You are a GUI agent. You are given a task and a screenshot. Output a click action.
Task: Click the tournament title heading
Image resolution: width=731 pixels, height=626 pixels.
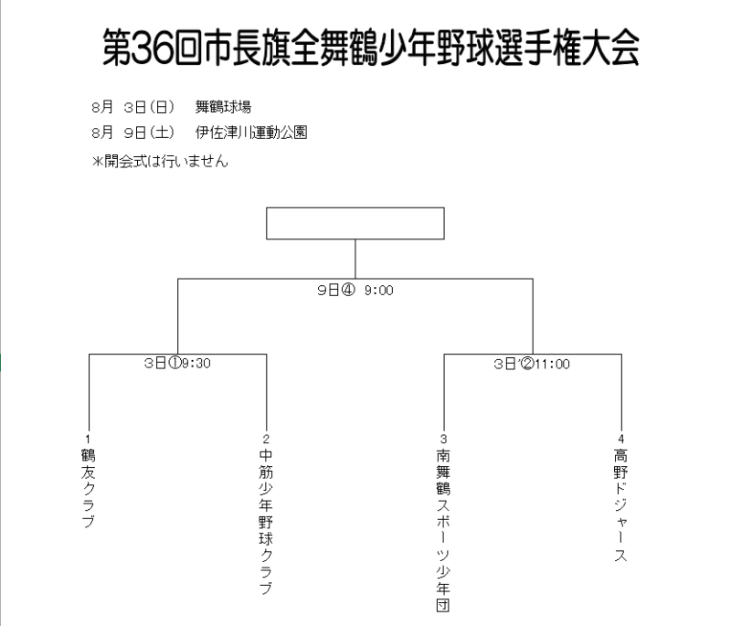point(371,48)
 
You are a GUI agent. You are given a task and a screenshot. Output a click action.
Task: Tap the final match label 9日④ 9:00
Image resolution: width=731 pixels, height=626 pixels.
point(355,290)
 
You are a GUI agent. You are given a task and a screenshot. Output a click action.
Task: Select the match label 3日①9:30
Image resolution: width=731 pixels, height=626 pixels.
point(177,363)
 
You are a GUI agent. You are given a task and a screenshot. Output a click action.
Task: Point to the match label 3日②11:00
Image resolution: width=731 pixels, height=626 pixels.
point(532,364)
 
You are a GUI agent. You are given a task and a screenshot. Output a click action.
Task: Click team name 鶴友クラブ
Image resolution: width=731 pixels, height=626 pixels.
point(88,488)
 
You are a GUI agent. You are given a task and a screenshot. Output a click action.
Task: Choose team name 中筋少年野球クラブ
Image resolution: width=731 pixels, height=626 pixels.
point(266,522)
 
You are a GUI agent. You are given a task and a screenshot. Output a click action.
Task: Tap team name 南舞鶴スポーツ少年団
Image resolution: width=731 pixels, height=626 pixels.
point(443,530)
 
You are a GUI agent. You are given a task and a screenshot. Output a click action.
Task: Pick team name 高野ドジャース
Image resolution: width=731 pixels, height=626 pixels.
point(620,504)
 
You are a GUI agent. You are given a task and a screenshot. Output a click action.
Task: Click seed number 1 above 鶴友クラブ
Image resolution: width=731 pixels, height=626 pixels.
point(88,439)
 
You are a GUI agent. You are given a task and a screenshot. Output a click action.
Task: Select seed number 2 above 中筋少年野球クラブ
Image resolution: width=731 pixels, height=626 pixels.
point(266,439)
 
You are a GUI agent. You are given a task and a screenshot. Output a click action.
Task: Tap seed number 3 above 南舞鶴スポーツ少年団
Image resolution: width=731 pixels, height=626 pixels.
point(443,439)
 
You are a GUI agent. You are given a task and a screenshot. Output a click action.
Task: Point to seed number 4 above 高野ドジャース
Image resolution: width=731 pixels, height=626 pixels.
point(621,439)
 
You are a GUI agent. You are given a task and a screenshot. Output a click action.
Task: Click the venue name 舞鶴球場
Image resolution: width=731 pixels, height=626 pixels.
point(223,107)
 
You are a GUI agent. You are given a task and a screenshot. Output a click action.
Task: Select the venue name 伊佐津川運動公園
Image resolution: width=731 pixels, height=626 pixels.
point(251,133)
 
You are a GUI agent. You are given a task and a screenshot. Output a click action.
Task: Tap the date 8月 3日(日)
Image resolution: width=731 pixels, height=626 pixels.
point(132,107)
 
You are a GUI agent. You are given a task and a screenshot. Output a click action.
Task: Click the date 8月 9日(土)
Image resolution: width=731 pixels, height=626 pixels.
point(132,133)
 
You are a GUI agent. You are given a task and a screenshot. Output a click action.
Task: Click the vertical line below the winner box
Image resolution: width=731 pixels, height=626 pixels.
point(355,260)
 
